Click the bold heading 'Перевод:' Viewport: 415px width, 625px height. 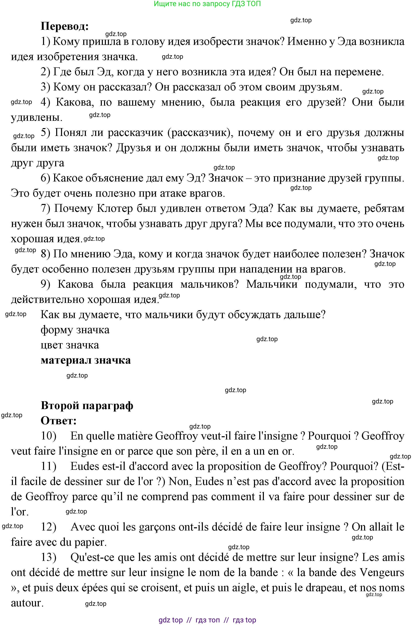(65, 27)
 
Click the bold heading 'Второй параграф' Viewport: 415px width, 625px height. (87, 405)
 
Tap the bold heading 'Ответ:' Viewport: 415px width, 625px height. (59, 421)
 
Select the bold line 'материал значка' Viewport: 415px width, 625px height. (86, 360)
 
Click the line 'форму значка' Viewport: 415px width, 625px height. (75, 330)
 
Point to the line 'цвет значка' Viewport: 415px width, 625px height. (70, 345)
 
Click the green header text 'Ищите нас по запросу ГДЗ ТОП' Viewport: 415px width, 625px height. (207, 4)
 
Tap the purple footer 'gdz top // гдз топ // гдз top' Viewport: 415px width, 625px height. (207, 620)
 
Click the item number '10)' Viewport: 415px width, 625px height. (49, 436)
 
